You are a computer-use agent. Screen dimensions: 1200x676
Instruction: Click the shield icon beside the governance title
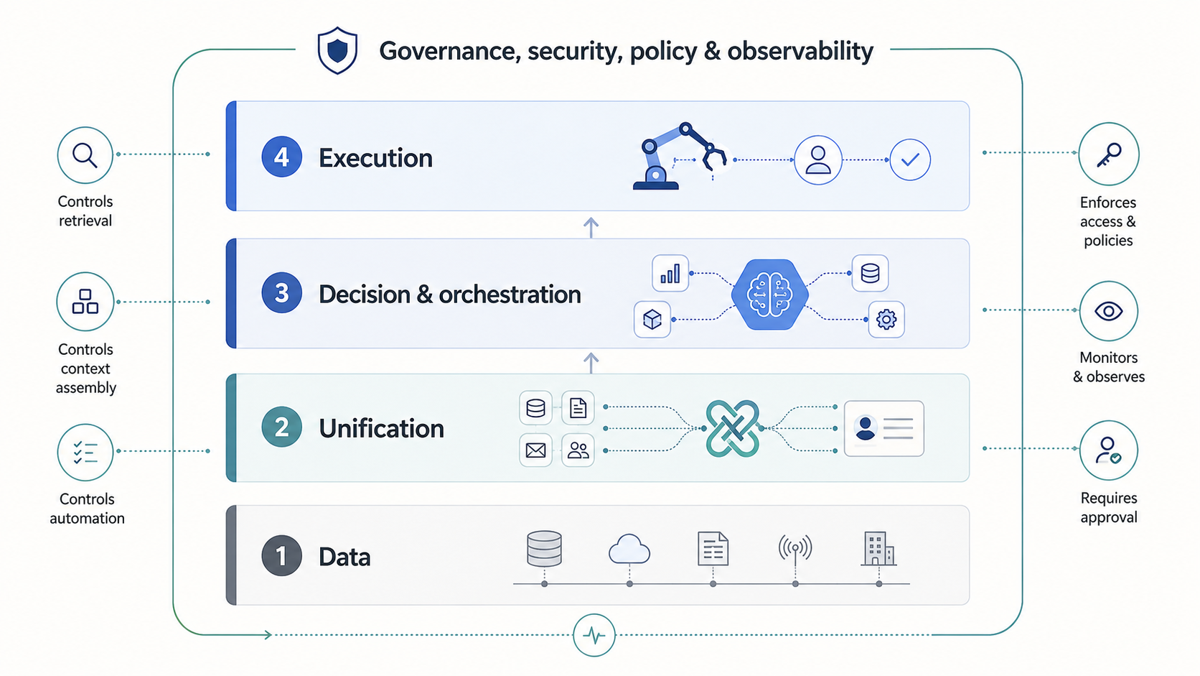point(337,50)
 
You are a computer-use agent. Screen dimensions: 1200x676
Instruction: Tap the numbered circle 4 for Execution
point(281,157)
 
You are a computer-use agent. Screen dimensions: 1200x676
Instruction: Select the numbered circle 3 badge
point(281,292)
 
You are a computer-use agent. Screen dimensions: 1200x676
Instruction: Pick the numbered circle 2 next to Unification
point(281,427)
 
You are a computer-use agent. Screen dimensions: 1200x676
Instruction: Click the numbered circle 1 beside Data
point(281,556)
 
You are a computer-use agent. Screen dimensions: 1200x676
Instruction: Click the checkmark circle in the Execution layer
point(909,159)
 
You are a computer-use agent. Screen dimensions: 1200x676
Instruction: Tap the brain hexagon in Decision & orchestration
point(769,295)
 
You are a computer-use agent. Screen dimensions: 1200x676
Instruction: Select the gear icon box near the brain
point(886,320)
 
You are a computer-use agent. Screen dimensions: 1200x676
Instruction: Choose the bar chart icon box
point(670,274)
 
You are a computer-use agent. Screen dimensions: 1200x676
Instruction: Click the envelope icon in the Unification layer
point(535,450)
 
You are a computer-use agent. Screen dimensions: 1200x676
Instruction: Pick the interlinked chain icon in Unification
point(732,428)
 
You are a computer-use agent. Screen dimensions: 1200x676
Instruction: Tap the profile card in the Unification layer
point(884,428)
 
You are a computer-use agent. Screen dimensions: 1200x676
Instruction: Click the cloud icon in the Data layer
point(629,549)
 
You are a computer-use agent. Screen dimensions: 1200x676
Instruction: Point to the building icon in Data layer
point(878,548)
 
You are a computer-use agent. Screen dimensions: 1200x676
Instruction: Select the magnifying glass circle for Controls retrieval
point(85,155)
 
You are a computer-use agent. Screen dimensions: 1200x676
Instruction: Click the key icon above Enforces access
point(1108,154)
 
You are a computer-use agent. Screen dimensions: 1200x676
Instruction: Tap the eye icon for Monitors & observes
point(1108,311)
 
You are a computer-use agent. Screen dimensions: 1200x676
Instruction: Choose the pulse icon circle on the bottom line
point(594,635)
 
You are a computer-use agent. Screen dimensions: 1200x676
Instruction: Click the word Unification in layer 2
point(381,428)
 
